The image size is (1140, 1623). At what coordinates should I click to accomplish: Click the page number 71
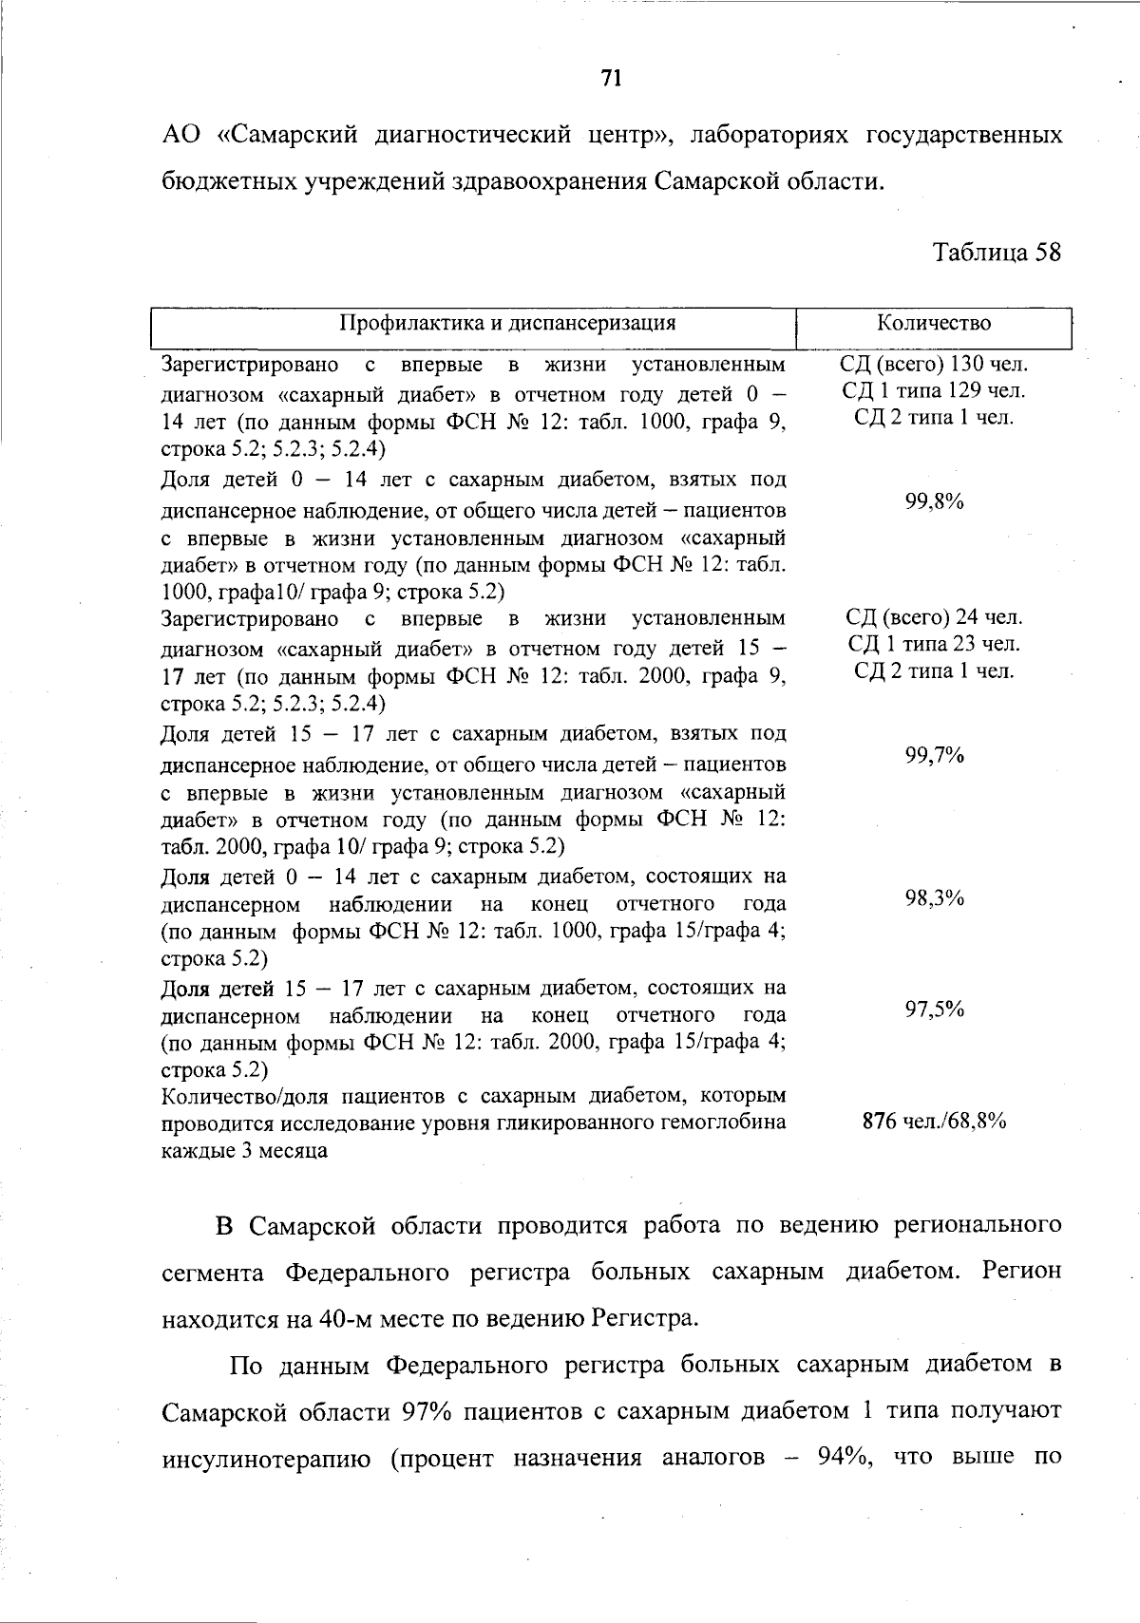click(x=612, y=78)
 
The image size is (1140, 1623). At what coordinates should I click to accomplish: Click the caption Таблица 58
click(x=997, y=253)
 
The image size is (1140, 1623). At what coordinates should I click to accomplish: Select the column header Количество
click(x=934, y=323)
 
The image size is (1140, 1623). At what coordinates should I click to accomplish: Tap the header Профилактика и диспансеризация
click(x=508, y=323)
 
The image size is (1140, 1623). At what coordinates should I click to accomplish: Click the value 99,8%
click(x=934, y=502)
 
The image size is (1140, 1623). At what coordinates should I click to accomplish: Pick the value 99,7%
click(x=934, y=755)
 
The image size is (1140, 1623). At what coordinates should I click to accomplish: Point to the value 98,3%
click(x=934, y=898)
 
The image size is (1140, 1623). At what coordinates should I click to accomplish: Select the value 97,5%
click(x=934, y=1010)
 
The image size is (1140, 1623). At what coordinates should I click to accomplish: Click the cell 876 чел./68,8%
click(x=934, y=1122)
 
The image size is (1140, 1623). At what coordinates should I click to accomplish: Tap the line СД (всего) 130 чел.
click(x=934, y=364)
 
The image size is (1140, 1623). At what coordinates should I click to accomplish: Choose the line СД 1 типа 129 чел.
click(x=934, y=390)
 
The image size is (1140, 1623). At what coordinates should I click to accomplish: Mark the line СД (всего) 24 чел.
click(x=934, y=617)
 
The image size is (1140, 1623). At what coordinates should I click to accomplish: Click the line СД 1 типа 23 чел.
click(x=934, y=644)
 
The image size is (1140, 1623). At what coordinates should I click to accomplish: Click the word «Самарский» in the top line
click(x=287, y=135)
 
